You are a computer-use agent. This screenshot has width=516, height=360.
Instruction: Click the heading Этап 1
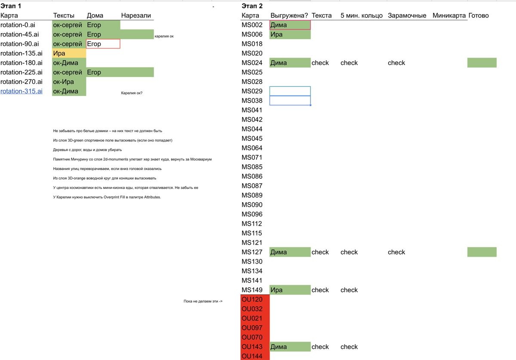[x=11, y=6]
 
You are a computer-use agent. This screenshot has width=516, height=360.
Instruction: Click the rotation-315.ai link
[x=21, y=91]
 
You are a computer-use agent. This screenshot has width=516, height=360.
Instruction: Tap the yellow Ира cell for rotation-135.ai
[x=69, y=53]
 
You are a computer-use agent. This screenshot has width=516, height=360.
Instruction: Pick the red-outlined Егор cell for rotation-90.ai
[x=103, y=44]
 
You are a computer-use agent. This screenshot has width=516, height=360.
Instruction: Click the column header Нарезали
[x=136, y=15]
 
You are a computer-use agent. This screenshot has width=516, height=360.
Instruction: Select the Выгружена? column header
[x=289, y=15]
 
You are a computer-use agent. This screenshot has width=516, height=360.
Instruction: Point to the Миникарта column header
[x=449, y=15]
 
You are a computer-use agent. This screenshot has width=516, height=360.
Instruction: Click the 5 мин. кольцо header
[x=361, y=15]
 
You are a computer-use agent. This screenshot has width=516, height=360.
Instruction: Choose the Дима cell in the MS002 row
[x=290, y=25]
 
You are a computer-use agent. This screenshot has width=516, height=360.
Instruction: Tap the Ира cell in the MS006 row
[x=290, y=34]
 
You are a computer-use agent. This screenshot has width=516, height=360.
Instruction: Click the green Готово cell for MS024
[x=482, y=63]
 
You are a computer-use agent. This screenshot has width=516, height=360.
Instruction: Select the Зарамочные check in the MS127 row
[x=396, y=252]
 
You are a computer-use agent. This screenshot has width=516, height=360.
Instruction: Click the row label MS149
[x=252, y=290]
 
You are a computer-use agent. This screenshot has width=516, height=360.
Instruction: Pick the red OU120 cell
[x=255, y=299]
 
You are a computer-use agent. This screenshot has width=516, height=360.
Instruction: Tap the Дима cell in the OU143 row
[x=290, y=347]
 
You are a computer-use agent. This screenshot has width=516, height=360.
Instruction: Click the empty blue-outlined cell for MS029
[x=290, y=91]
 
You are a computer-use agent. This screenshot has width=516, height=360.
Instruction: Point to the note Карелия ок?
[x=132, y=93]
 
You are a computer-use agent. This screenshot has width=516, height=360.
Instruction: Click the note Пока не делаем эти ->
[x=203, y=301]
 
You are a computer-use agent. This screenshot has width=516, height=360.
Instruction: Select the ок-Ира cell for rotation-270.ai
[x=69, y=82]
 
